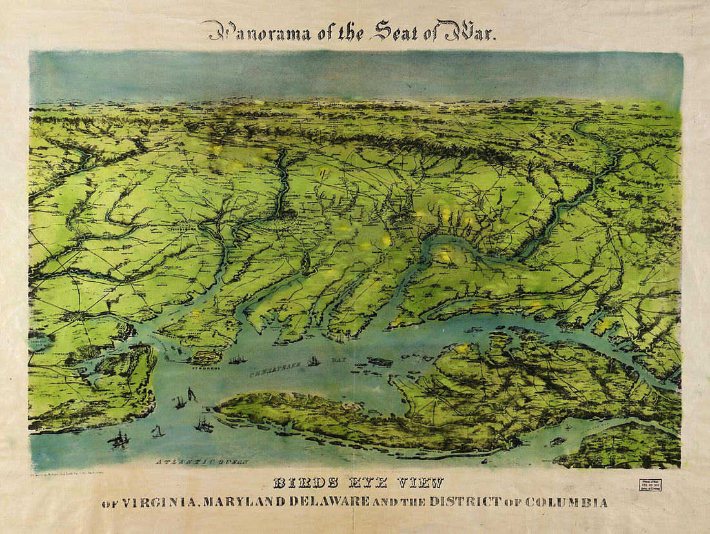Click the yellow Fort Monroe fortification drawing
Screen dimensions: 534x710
tap(206, 355)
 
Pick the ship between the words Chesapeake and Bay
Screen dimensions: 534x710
tap(314, 361)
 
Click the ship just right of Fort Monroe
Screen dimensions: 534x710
tap(237, 359)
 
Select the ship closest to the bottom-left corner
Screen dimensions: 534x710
tap(119, 440)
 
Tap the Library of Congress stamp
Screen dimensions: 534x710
tap(649, 485)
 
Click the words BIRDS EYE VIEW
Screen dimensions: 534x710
tap(358, 483)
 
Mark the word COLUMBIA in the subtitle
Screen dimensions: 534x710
tap(566, 502)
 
